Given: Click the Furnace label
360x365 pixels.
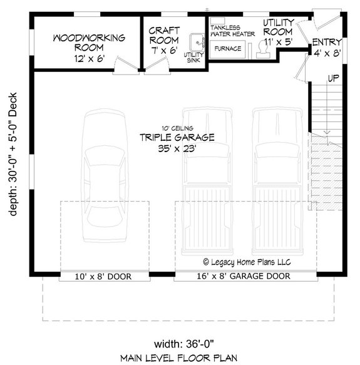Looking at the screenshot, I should [x=228, y=48].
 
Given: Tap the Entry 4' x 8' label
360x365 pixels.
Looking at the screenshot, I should [x=326, y=48].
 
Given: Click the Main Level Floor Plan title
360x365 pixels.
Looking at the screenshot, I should [x=178, y=357].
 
